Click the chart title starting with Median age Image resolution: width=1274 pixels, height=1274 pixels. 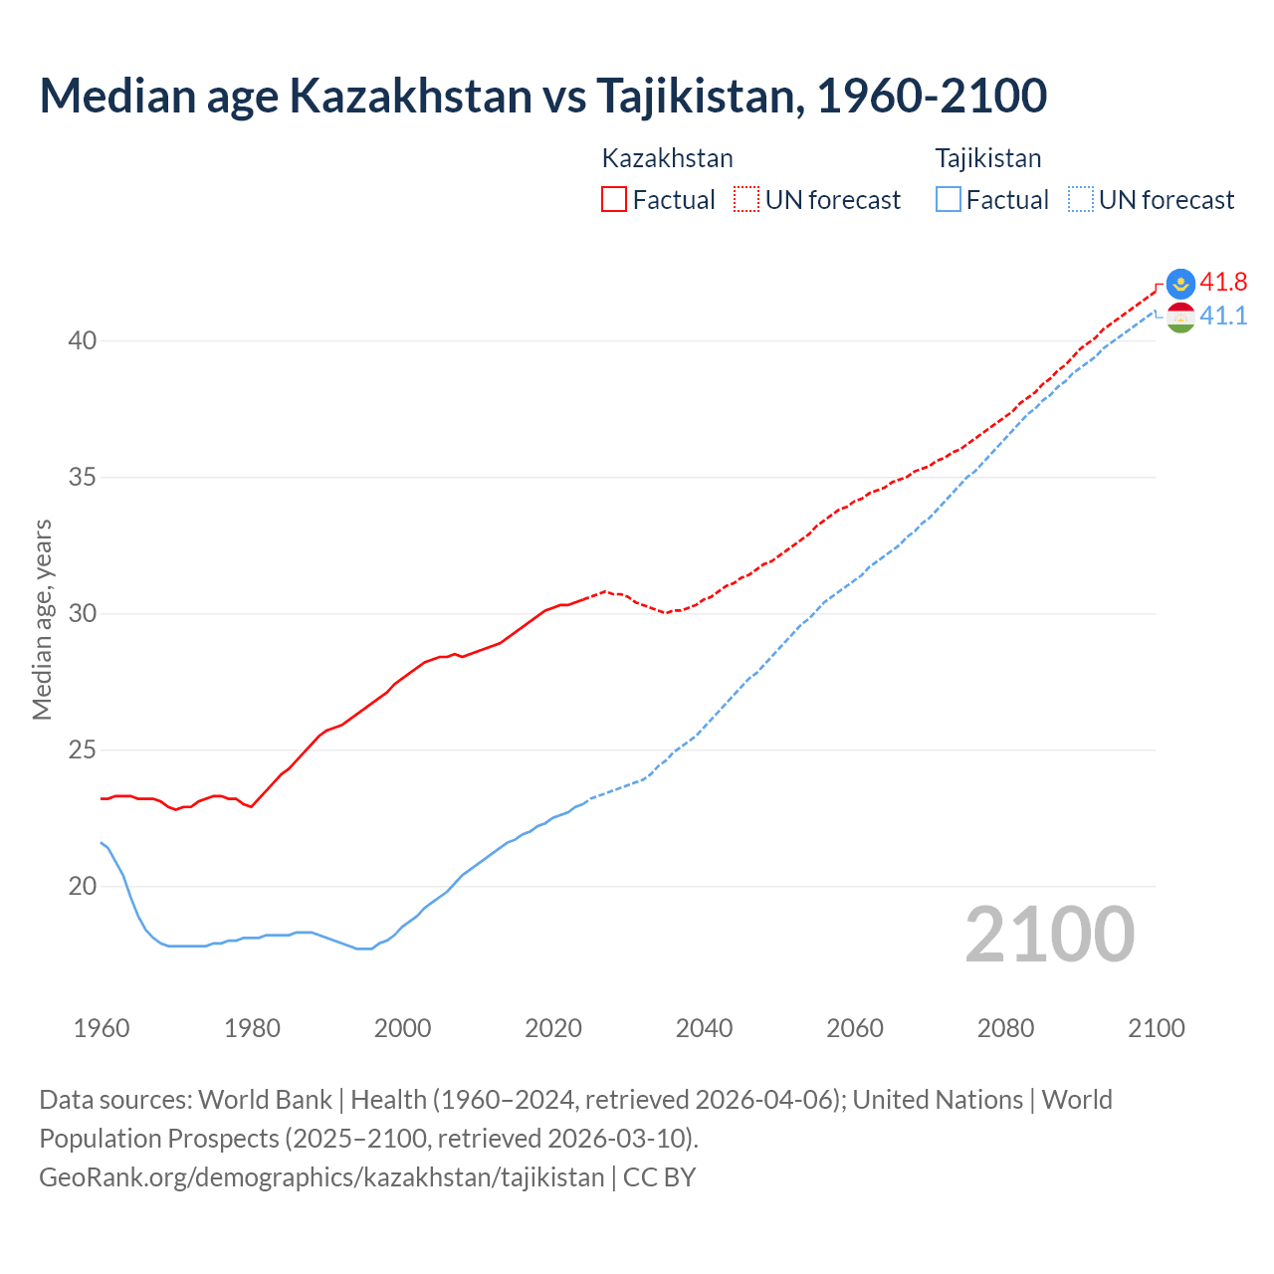(x=542, y=96)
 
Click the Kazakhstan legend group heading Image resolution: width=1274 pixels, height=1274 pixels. (x=667, y=158)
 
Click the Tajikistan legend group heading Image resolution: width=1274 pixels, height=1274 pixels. (x=987, y=158)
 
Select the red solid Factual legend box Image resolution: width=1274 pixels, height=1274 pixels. (x=614, y=200)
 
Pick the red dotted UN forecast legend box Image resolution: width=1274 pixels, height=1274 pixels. (x=746, y=200)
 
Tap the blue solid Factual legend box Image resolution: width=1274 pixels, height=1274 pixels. (x=949, y=200)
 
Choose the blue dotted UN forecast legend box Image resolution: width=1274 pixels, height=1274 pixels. (x=1081, y=200)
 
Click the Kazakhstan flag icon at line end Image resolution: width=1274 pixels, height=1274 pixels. (x=1180, y=284)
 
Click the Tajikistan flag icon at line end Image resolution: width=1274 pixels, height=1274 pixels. (x=1180, y=318)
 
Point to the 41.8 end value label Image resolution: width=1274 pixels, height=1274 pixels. (x=1223, y=282)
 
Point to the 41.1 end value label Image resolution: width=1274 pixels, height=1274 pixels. (x=1223, y=316)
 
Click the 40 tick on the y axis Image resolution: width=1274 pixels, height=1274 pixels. (x=82, y=340)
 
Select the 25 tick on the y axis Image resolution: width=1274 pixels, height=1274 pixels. (x=82, y=749)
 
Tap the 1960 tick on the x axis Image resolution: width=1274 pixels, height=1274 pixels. (x=102, y=1028)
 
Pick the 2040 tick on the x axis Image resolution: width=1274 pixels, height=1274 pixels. (x=704, y=1028)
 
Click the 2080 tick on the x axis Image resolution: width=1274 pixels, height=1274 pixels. (x=1005, y=1028)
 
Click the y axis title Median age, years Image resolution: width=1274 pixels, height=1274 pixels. (x=42, y=619)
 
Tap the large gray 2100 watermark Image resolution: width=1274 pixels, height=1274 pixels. (x=1049, y=934)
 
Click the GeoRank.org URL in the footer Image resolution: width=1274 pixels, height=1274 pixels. (x=321, y=1176)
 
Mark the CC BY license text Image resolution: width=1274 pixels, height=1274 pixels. (x=659, y=1176)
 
